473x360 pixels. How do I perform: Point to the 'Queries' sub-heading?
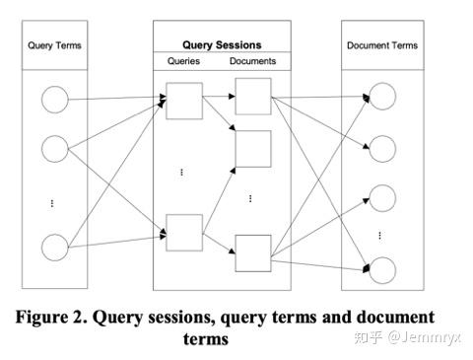click(180, 61)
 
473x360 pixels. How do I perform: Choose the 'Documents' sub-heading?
click(252, 61)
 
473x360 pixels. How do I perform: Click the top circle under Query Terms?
click(54, 100)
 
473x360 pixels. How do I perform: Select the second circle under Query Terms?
click(54, 149)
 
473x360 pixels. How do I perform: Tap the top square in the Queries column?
click(184, 100)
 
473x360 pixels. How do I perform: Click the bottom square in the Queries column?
click(184, 232)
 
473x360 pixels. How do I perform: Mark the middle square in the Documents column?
click(252, 148)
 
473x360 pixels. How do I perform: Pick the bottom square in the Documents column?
click(252, 252)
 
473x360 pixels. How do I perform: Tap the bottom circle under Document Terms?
click(380, 268)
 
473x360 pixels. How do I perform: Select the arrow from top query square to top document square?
click(218, 99)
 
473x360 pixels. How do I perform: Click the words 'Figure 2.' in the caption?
click(58, 318)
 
